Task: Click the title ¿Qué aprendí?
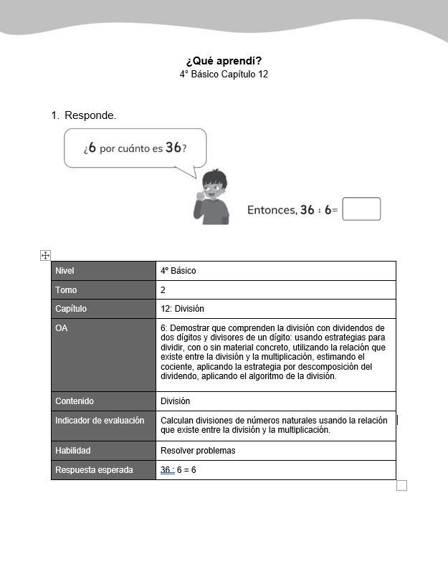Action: [x=224, y=61]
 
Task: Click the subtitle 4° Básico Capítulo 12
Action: [x=224, y=74]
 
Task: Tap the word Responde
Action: [x=90, y=115]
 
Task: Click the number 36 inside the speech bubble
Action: [x=173, y=148]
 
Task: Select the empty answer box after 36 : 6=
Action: [x=361, y=209]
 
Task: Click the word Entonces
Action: [x=272, y=210]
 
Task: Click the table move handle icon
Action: [x=45, y=255]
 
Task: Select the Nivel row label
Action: [x=65, y=271]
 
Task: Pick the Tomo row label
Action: [x=66, y=290]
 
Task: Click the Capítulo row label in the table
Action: [x=71, y=309]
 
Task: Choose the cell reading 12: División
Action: [x=182, y=309]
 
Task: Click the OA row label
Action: [x=62, y=328]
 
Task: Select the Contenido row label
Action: [x=75, y=401]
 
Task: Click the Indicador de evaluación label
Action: [x=100, y=421]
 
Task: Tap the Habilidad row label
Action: [x=73, y=451]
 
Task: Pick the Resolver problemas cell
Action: [x=198, y=451]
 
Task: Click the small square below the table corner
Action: [x=401, y=486]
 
